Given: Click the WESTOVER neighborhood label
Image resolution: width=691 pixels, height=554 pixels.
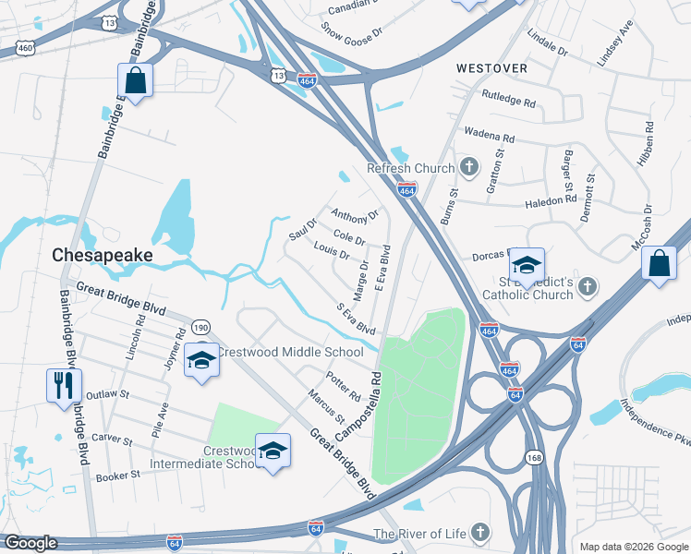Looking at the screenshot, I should tap(491, 68).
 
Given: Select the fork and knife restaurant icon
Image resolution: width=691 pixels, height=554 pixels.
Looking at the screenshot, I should tap(64, 385).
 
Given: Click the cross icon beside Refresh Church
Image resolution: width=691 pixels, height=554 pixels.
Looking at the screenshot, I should tap(468, 168).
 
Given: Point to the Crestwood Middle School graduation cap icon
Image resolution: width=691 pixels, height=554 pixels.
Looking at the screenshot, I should tap(202, 360).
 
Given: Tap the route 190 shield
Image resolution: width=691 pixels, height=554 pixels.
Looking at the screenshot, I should tap(200, 327).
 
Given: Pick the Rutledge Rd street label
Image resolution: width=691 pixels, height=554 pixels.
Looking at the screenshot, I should tap(509, 98).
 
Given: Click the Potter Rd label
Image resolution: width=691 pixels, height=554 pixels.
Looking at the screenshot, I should tap(342, 387).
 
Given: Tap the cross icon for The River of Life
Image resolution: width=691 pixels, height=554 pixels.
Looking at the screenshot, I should tap(479, 532).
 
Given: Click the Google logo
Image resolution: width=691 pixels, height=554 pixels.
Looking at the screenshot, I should tap(30, 543).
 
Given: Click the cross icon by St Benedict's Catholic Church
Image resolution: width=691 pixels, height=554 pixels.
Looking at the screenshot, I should tap(587, 289).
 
